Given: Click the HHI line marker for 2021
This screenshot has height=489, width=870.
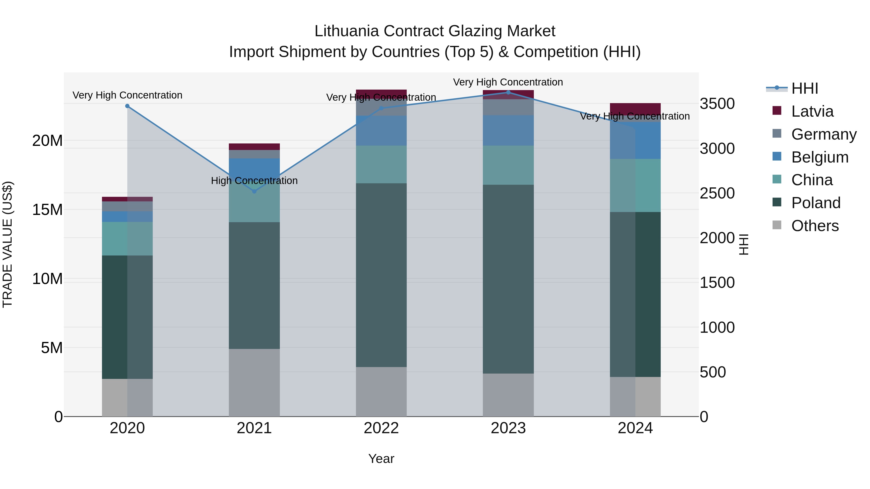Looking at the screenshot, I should [254, 191].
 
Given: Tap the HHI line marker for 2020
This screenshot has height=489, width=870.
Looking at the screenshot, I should [127, 106].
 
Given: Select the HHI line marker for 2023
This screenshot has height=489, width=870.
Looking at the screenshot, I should [508, 92].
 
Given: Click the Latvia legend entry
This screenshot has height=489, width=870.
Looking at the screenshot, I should [812, 111].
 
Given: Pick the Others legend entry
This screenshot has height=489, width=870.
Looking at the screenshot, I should [815, 226].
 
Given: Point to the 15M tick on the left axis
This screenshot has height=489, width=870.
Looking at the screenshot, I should [47, 210].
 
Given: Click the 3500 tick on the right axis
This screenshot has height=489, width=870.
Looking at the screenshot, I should [717, 104].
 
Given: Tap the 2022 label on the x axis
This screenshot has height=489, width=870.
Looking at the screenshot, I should [381, 428].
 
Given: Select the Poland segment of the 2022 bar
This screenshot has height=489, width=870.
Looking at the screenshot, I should [381, 275].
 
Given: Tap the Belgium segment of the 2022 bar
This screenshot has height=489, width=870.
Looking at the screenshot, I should [381, 131].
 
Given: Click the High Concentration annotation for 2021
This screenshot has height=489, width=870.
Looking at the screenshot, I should [254, 181].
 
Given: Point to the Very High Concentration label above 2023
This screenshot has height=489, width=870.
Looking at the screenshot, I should [508, 82].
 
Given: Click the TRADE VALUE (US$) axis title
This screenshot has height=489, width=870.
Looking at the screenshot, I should [7, 244].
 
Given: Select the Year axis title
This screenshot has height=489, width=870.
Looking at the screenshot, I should [381, 459].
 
